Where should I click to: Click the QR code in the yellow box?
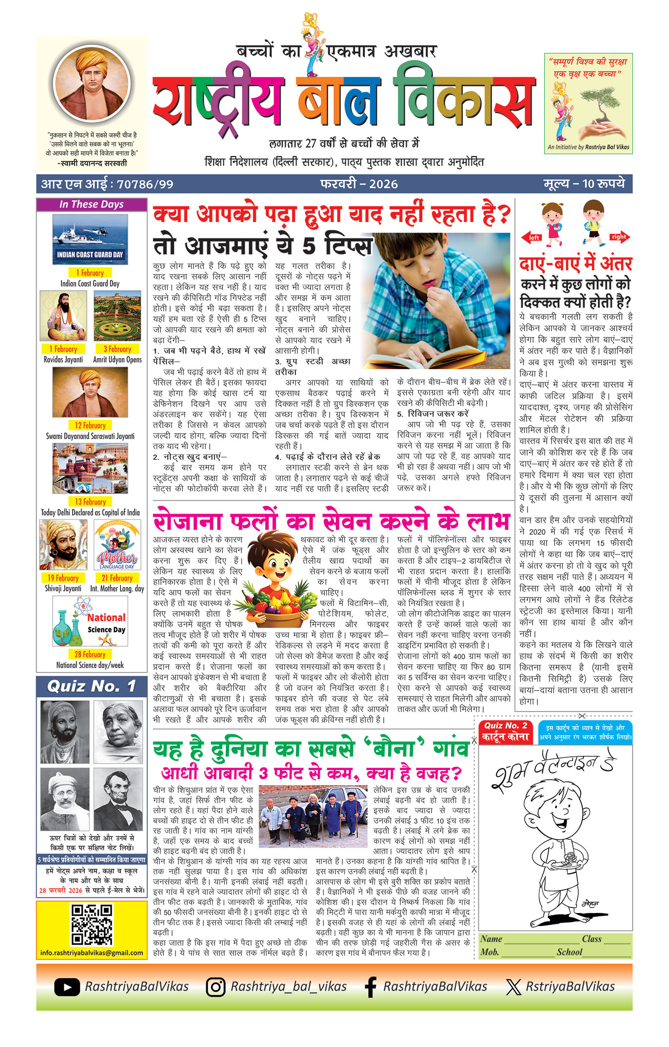point(92,925)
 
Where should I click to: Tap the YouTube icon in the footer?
point(67,987)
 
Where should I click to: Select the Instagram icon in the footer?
point(215,987)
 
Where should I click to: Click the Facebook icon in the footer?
point(371,987)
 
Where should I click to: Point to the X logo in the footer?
point(513,987)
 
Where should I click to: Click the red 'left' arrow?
point(533,237)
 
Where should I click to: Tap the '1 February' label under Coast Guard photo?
point(90,273)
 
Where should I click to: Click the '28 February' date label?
point(90,654)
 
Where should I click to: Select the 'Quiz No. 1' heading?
point(91,687)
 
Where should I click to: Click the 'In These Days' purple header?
point(91,204)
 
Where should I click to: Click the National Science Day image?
point(90,621)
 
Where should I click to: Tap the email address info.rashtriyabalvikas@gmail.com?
point(92,952)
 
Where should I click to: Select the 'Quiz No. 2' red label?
point(506,726)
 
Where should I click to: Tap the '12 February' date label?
point(90,425)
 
